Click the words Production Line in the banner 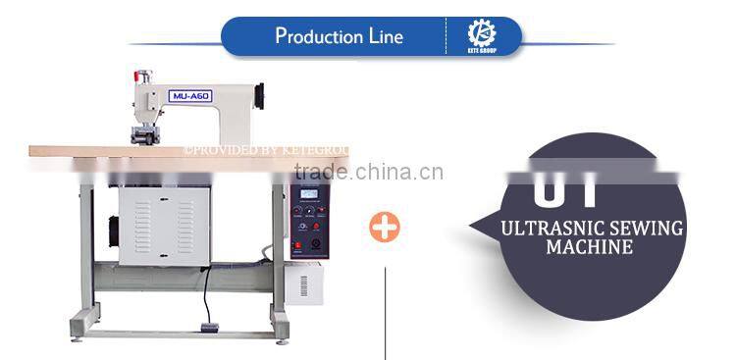[339, 37]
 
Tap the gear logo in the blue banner [481, 33]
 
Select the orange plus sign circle [385, 228]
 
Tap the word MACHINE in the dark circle [591, 248]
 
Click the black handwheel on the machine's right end [261, 96]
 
